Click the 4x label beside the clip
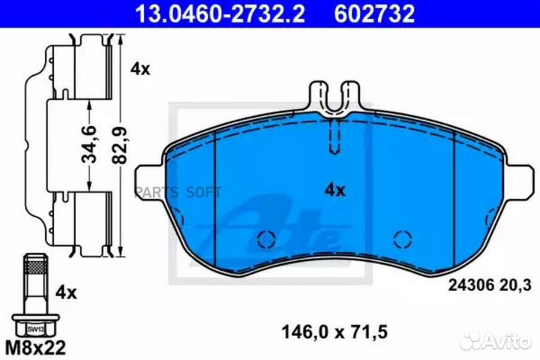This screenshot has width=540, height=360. pyautogui.click(x=139, y=68)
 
